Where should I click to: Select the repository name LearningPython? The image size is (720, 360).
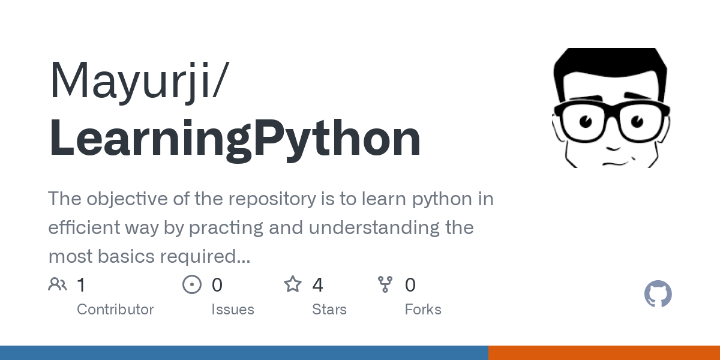[235, 139]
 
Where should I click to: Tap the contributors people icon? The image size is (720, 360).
[58, 284]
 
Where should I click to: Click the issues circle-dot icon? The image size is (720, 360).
[192, 284]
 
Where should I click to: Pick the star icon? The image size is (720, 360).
[293, 284]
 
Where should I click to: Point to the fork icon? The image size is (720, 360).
[385, 284]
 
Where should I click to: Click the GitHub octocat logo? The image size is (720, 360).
[658, 294]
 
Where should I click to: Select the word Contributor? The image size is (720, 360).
[115, 310]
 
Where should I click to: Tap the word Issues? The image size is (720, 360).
[233, 310]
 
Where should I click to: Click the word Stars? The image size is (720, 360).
[329, 310]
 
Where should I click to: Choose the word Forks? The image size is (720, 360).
[423, 310]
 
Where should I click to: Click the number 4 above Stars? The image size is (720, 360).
[317, 284]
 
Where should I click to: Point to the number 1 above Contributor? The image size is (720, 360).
[82, 284]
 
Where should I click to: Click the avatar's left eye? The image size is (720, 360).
[585, 121]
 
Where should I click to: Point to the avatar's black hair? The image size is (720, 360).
[609, 66]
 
